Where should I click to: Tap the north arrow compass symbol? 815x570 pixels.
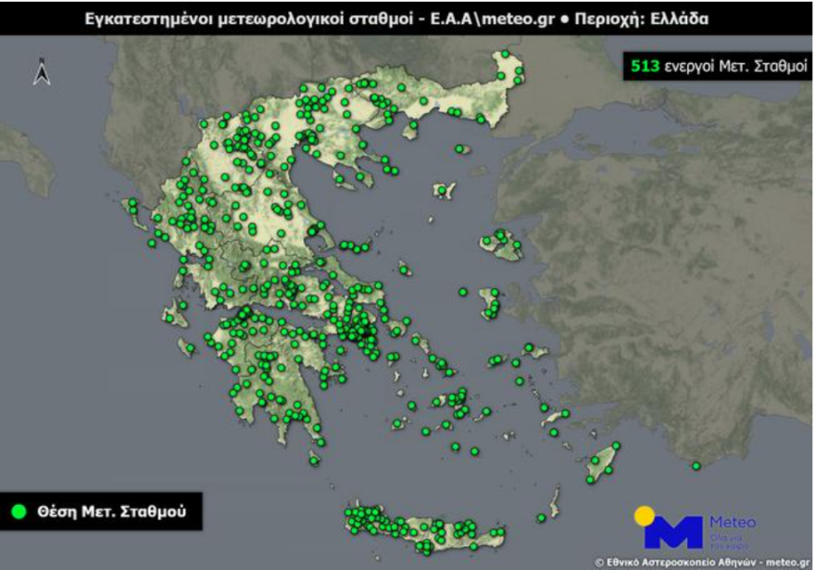coord(42,71)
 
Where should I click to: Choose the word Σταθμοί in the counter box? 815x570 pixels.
coord(771,66)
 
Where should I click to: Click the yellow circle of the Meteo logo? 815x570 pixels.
coord(646,515)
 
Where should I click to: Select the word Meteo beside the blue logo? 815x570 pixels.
coord(732,522)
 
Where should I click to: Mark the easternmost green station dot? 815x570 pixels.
coord(696,466)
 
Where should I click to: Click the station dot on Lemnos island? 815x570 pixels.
coord(444,191)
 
